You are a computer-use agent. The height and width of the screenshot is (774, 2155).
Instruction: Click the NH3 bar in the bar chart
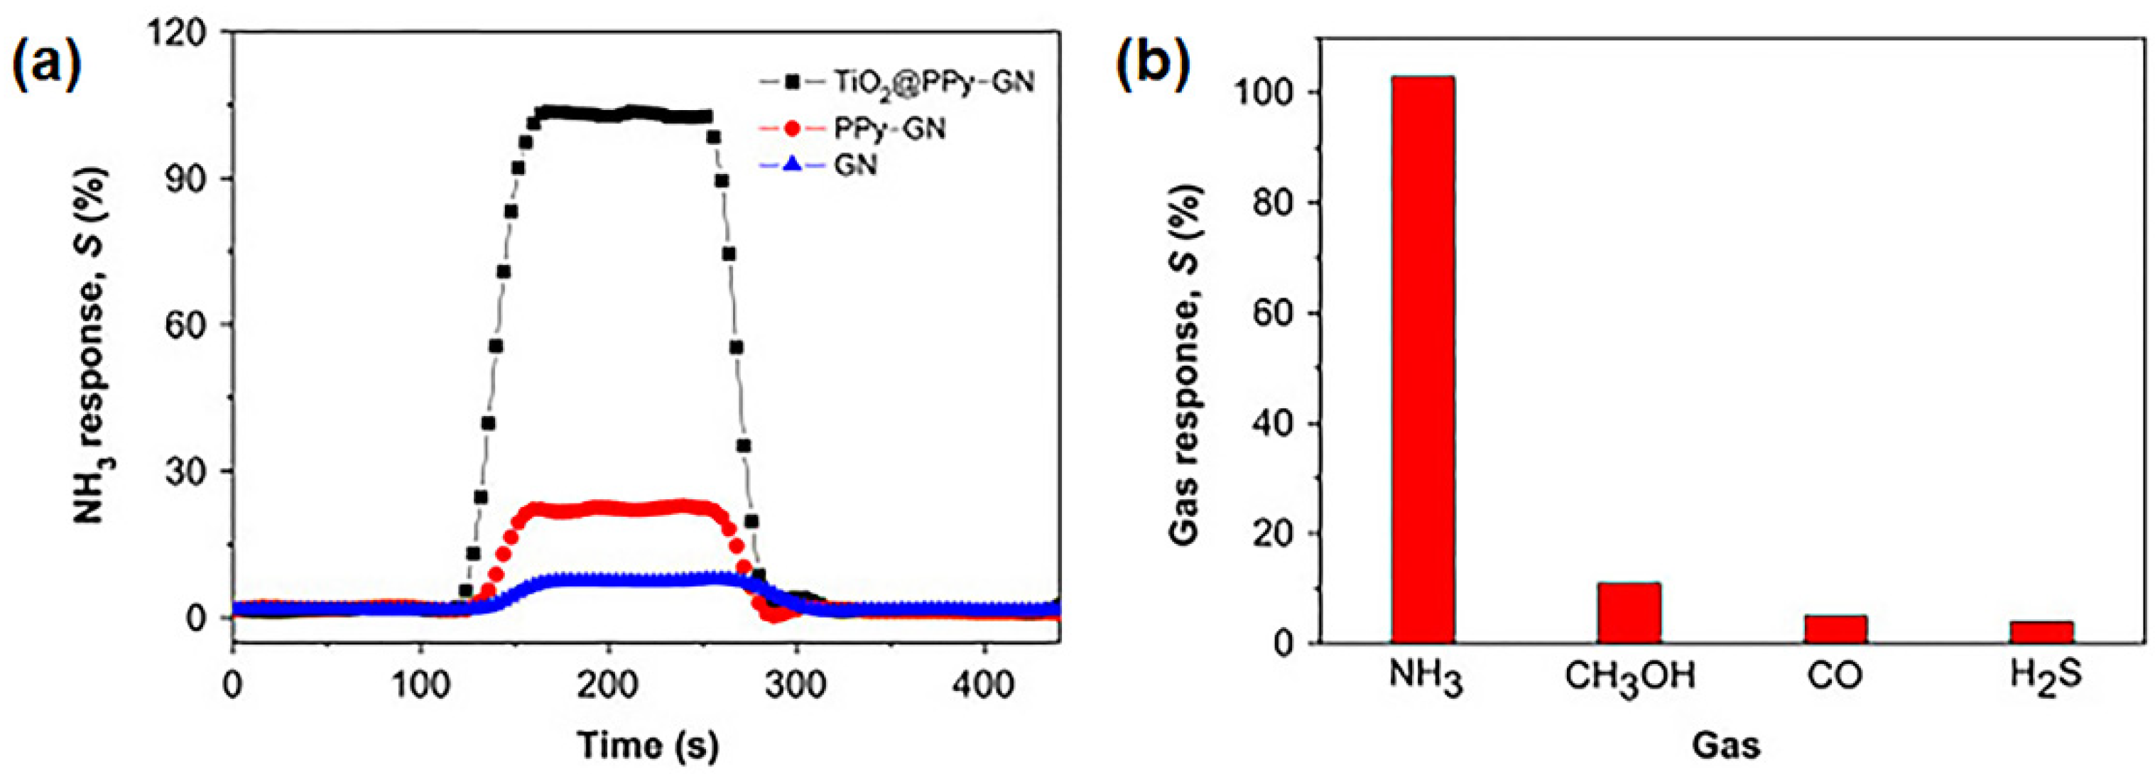coord(1423,360)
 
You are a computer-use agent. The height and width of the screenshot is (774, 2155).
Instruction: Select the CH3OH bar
coord(1629,613)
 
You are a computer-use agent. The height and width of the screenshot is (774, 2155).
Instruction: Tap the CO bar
coord(1835,629)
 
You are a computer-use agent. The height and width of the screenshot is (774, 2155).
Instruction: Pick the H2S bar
coord(2041,633)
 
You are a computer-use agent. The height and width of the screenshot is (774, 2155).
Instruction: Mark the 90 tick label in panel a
coord(188,179)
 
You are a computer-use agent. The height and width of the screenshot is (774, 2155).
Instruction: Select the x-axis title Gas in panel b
coord(1726,744)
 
